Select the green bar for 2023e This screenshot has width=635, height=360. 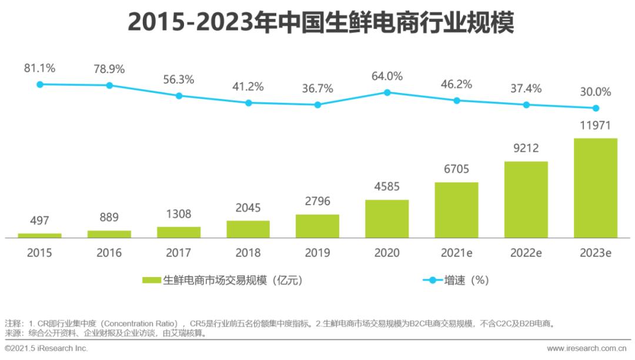coord(595,188)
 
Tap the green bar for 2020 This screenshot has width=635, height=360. coord(387,218)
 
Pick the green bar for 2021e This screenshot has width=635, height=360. coord(456,209)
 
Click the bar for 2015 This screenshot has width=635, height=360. coord(39,235)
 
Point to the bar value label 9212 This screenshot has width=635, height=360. coord(526,148)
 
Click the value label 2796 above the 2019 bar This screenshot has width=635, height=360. coord(317,202)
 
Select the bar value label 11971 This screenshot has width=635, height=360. coord(595,125)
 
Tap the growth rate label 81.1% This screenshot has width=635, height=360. coord(39,68)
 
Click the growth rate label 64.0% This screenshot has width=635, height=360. coord(387,76)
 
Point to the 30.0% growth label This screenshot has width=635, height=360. coord(595,92)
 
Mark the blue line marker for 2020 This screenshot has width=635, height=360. coord(387,92)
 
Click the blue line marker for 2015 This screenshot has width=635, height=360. coord(40,84)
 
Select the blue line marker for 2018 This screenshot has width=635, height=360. coord(248,102)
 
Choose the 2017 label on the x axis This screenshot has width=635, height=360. coord(178,253)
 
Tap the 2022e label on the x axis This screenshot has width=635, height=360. coord(526,253)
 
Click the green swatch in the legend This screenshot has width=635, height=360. coord(152,281)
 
